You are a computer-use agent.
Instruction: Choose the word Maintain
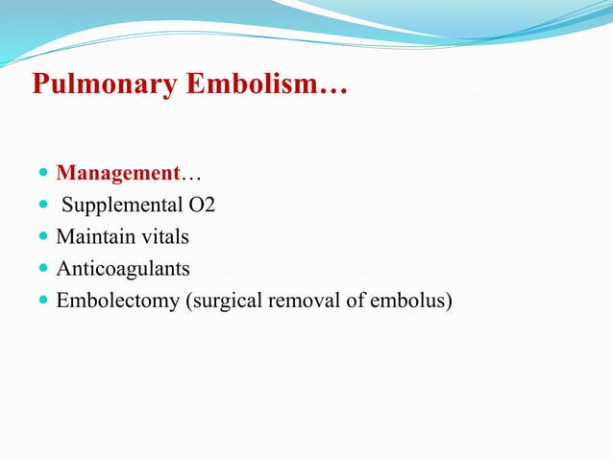pos(96,236)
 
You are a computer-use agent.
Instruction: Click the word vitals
pos(163,236)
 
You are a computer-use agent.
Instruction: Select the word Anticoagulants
pos(123,268)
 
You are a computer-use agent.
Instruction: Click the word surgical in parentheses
pos(224,301)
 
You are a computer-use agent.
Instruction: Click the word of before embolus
pos(355,301)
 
